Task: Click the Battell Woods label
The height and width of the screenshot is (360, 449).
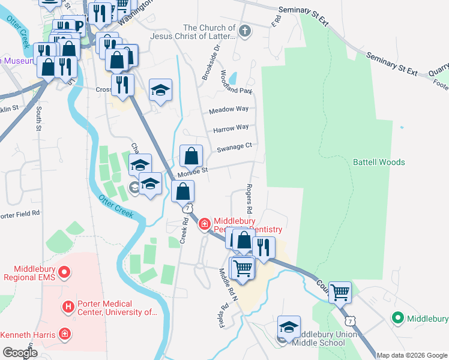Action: (378, 162)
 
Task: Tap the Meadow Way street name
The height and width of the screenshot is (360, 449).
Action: (229, 109)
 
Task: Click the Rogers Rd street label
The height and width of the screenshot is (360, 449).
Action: (249, 200)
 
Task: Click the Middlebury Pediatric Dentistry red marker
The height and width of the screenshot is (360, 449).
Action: (204, 224)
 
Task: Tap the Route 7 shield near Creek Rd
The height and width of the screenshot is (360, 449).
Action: (188, 208)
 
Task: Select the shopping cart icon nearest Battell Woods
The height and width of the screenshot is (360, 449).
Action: (340, 292)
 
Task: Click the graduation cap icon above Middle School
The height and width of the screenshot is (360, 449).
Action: (289, 327)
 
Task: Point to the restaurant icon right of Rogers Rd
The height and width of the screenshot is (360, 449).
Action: (263, 247)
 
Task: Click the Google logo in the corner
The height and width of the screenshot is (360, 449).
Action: (20, 353)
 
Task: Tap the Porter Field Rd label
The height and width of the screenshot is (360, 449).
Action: (19, 213)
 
